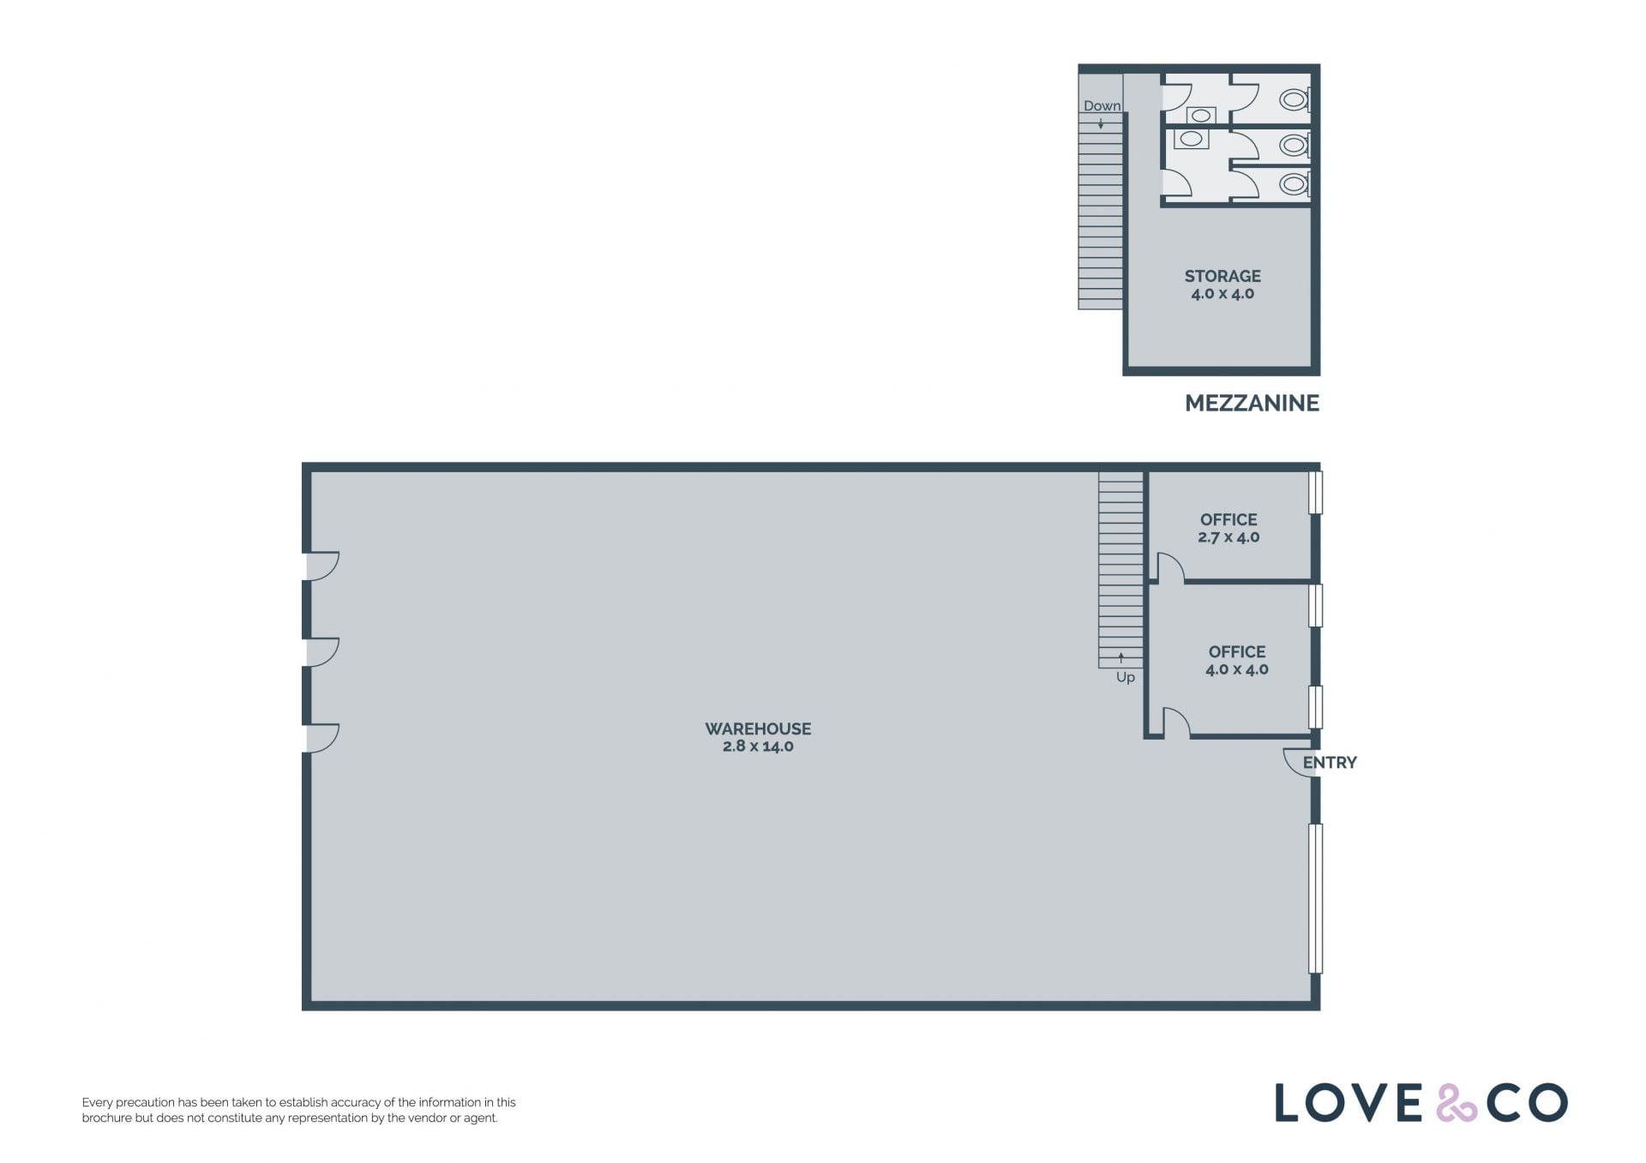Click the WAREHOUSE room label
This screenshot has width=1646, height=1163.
(x=758, y=728)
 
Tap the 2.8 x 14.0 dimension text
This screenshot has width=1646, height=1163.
(x=758, y=746)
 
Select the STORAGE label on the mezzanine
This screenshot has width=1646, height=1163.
(x=1222, y=276)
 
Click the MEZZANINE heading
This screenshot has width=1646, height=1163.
(x=1252, y=403)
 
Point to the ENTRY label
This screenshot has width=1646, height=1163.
(x=1330, y=763)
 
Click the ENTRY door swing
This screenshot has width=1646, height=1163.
(x=1299, y=763)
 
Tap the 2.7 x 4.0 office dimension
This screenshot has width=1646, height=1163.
(x=1228, y=537)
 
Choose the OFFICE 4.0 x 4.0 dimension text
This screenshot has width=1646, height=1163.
(x=1237, y=669)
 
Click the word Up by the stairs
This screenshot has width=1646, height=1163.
(x=1126, y=678)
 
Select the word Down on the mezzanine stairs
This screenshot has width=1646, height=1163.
(x=1102, y=106)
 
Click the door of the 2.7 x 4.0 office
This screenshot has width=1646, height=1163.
(x=1170, y=568)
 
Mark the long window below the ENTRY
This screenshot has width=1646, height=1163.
(x=1316, y=898)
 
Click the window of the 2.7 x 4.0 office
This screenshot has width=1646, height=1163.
(x=1316, y=492)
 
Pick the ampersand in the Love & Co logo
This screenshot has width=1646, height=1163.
(x=1457, y=1103)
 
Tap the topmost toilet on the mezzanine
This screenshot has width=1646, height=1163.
(x=1295, y=100)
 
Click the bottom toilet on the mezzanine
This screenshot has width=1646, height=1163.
(x=1295, y=183)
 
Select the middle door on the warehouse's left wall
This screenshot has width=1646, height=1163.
(x=323, y=652)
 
